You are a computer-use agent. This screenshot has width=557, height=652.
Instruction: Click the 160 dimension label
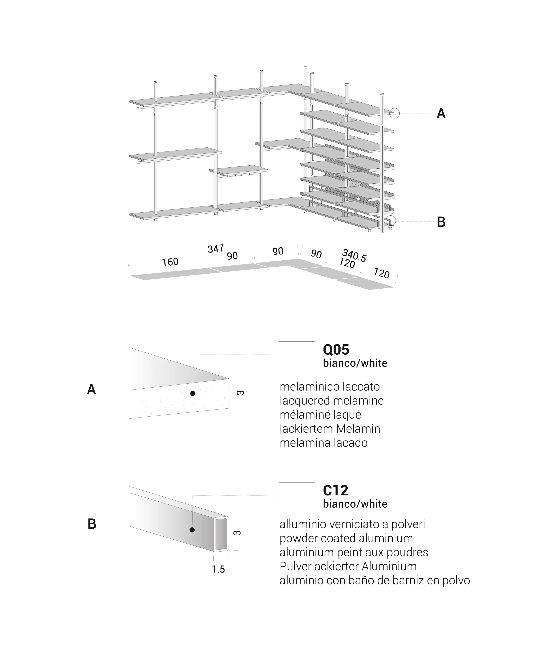(170, 262)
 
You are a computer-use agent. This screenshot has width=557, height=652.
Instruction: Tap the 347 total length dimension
(216, 249)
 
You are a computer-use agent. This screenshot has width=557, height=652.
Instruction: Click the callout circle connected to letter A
(395, 113)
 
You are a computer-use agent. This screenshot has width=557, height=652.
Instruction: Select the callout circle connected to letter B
(391, 221)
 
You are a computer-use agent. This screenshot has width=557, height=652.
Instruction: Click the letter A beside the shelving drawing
(441, 113)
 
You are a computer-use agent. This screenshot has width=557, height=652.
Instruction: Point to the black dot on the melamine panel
(193, 393)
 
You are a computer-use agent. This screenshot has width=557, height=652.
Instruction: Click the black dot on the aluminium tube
(192, 530)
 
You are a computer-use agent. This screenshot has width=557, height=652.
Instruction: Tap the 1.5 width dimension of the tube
(218, 569)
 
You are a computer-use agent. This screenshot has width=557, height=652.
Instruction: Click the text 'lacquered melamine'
(332, 401)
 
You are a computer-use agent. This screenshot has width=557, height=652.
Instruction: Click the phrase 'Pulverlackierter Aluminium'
(348, 566)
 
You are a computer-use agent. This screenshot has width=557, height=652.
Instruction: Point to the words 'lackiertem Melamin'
(330, 429)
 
